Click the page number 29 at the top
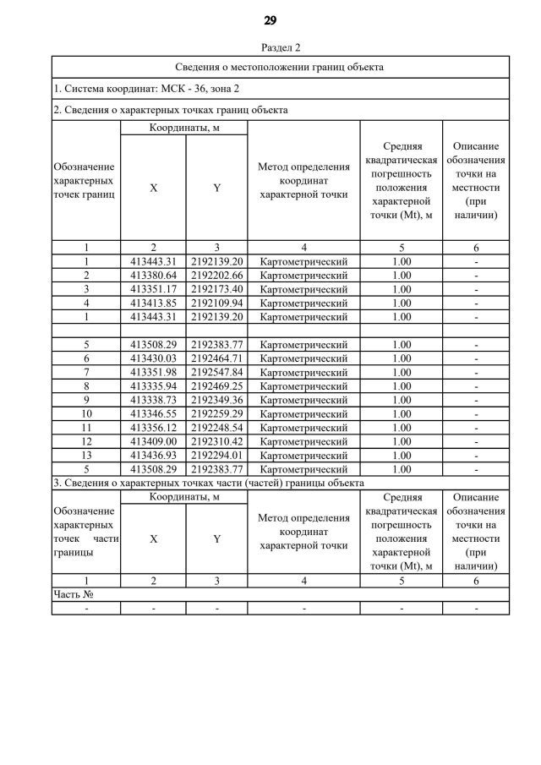270,20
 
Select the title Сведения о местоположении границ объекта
280,66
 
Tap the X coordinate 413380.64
153,276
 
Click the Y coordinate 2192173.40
216,289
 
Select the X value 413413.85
153,303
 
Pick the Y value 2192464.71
216,358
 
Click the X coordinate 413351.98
153,373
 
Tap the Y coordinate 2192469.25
216,386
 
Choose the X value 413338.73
153,400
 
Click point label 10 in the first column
86,414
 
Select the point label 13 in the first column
86,456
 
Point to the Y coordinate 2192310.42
216,441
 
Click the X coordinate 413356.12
153,428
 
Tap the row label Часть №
73,594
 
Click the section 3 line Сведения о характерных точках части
208,483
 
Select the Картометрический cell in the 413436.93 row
303,456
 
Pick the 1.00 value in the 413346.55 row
402,414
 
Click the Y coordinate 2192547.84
216,373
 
